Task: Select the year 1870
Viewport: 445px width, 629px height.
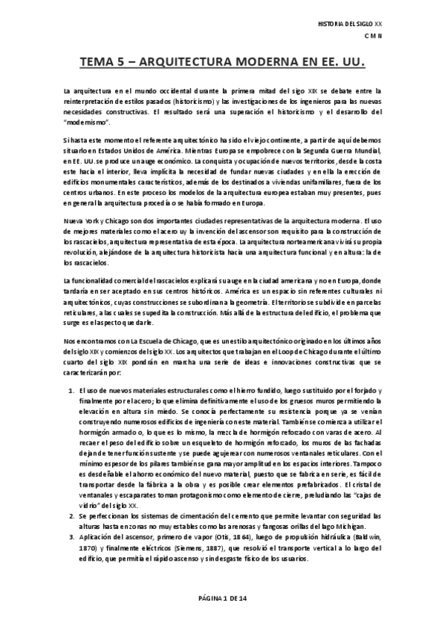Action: tap(86, 568)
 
